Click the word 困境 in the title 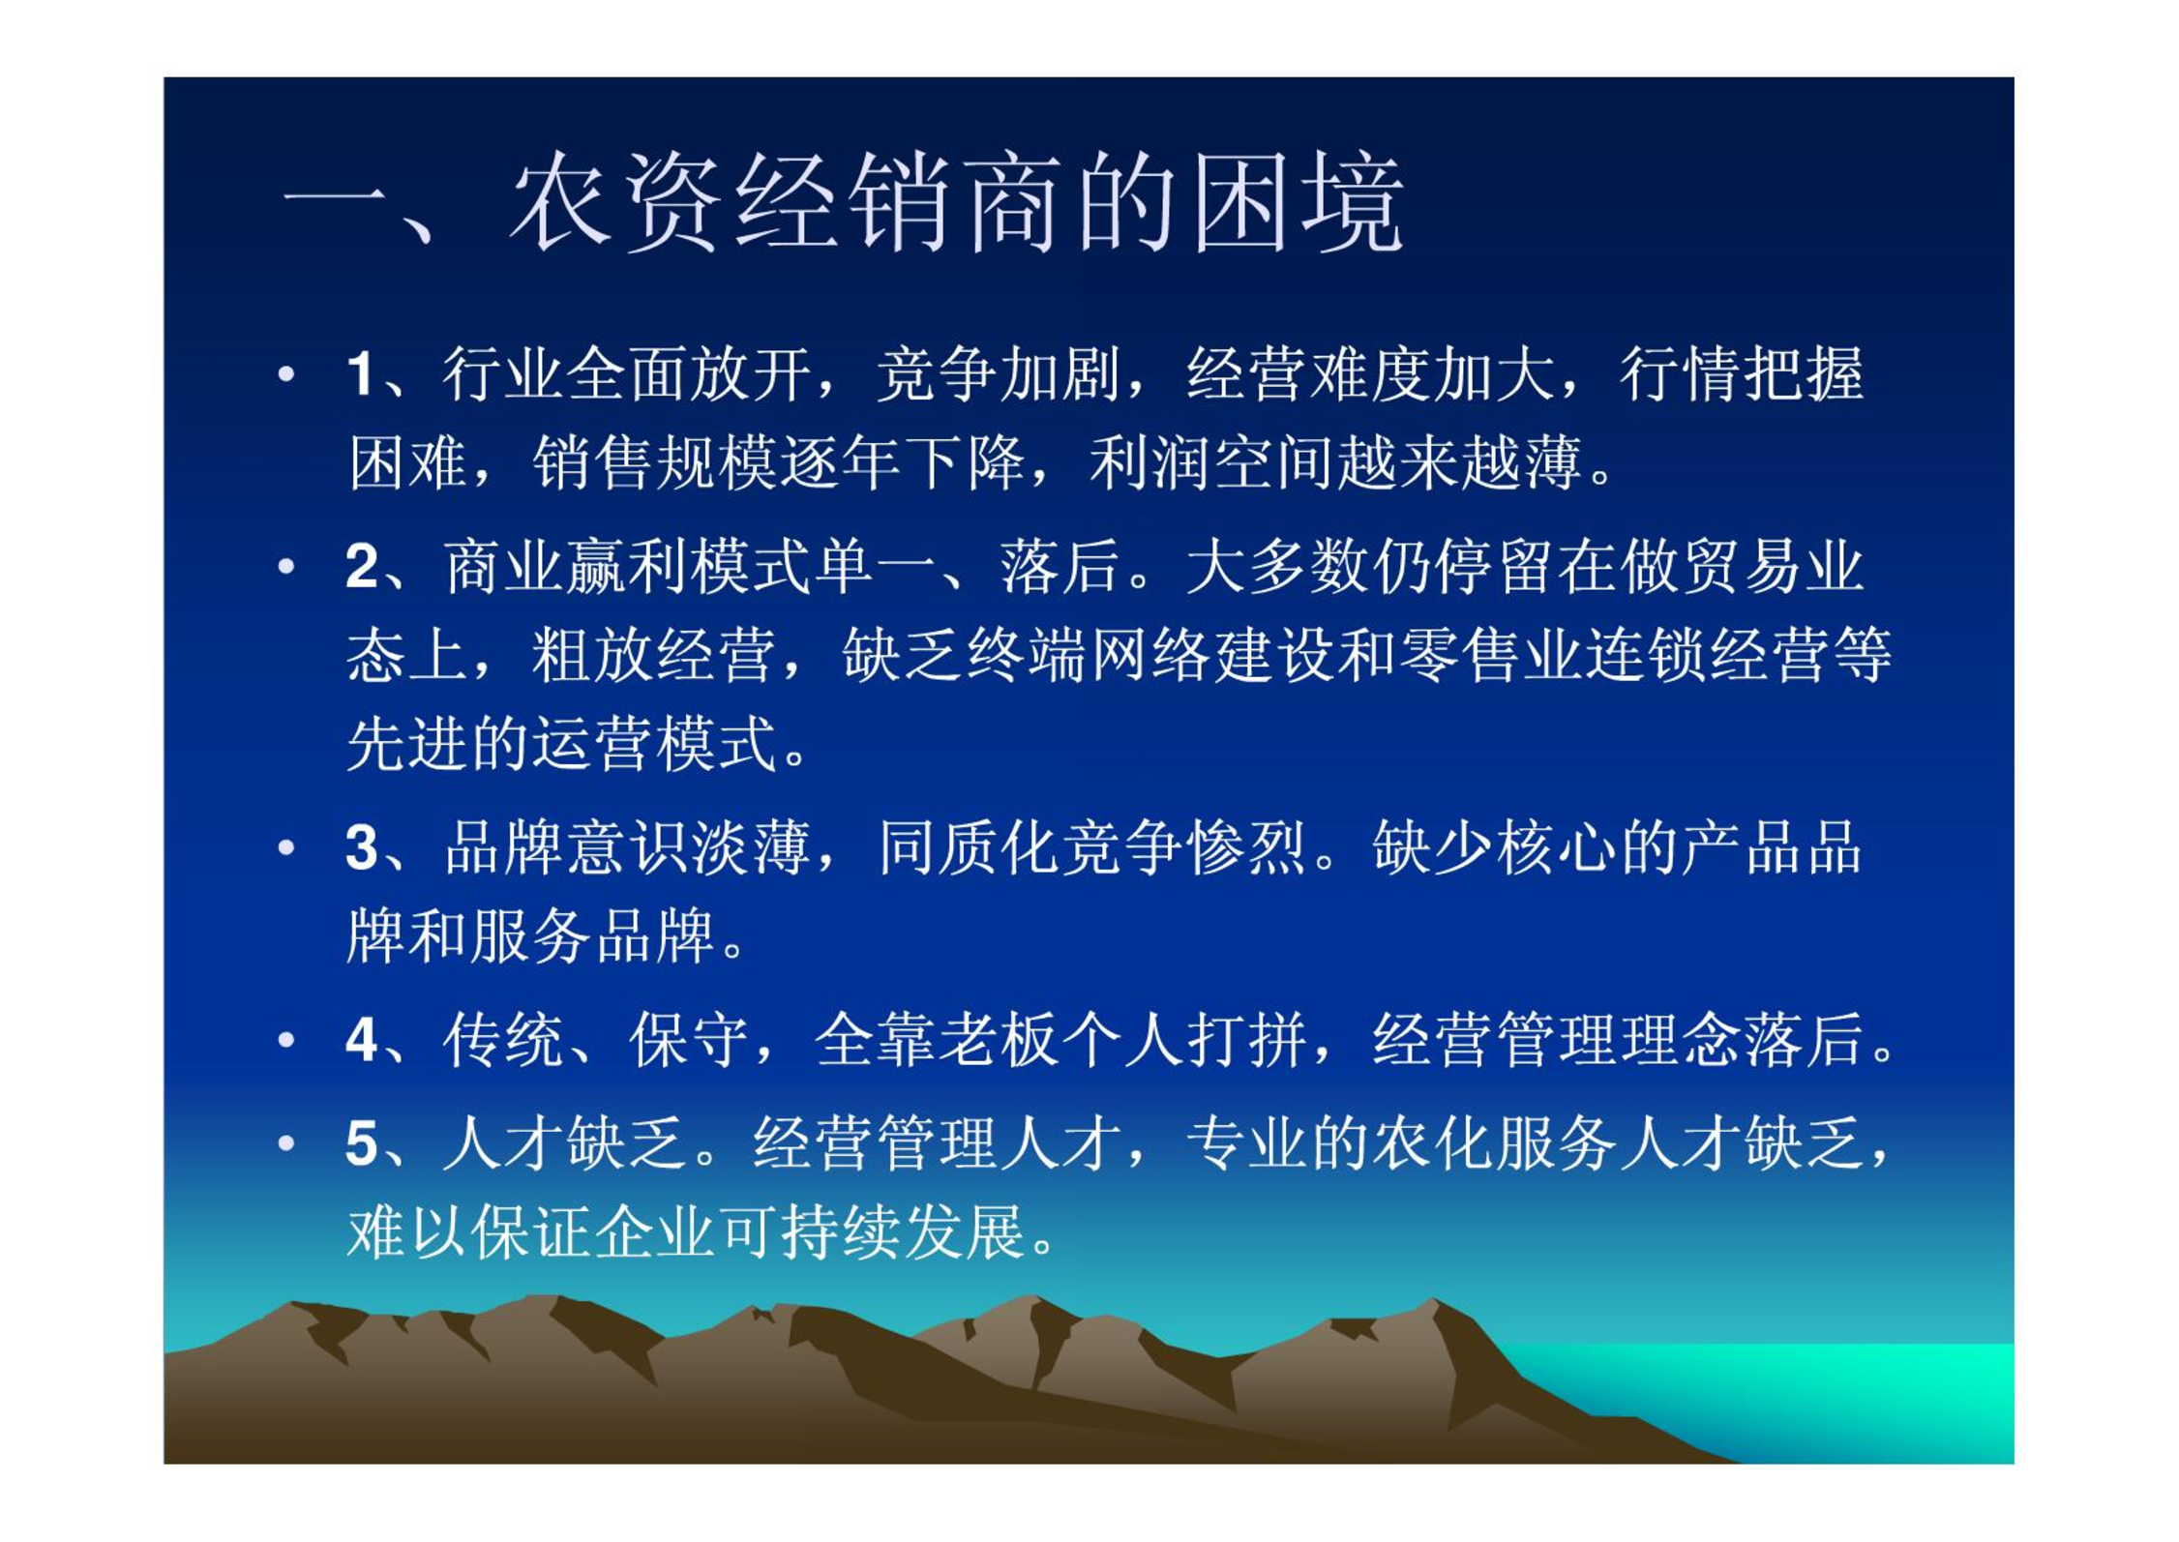coord(1297,203)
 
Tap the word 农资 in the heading coord(615,203)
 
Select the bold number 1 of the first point coord(360,374)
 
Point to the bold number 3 coord(361,847)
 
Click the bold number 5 coord(361,1143)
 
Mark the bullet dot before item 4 coord(286,1041)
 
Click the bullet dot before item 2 coord(286,566)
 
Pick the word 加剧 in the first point coord(1060,374)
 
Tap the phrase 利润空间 coord(1213,462)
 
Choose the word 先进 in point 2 coord(407,744)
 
